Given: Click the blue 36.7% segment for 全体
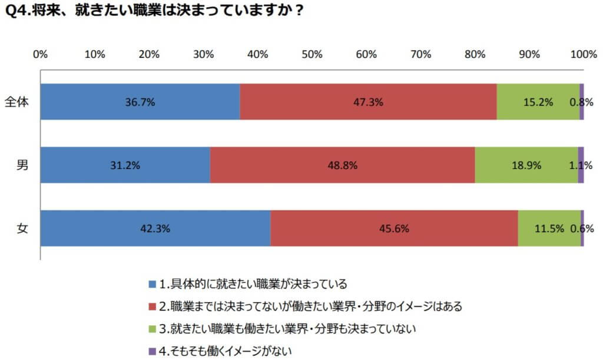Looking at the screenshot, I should click(x=140, y=102).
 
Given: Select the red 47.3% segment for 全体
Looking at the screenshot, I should click(x=368, y=102).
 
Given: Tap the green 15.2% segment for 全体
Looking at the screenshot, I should click(x=538, y=102).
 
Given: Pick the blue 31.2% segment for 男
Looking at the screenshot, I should click(x=125, y=165).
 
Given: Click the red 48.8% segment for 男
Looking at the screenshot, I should click(x=342, y=165).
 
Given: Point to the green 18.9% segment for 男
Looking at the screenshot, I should click(x=526, y=165).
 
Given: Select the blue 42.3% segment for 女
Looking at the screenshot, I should click(x=155, y=228).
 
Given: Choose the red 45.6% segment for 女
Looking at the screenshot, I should click(x=394, y=228).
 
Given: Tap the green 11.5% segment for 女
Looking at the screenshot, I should click(x=549, y=228).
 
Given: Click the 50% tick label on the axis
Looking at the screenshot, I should click(x=312, y=55).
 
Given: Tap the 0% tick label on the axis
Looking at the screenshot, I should click(x=40, y=55).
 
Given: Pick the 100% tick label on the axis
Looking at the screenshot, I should click(x=583, y=55).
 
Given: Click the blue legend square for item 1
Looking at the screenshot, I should click(x=153, y=284).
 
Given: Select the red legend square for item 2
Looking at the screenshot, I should click(x=153, y=306).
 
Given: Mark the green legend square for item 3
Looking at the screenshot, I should click(x=153, y=328).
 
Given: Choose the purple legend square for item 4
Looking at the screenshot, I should click(x=153, y=351).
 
